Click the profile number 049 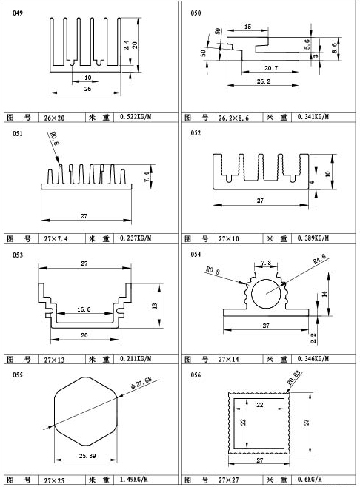coord(18,13)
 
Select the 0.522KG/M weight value coord(136,117)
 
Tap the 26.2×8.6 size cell coord(233,118)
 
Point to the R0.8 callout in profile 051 coord(54,138)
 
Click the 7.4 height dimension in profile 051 coord(147,176)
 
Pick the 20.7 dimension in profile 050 coord(271,67)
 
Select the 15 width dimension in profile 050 coord(247,27)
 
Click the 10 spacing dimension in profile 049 coord(88,78)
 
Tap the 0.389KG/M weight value coord(313,238)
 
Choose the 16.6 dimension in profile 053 coord(84,309)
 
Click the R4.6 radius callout coord(319,259)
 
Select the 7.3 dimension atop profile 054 coord(266,263)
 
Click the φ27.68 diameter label coord(141,383)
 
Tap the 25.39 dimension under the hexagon coord(87,456)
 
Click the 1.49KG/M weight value coord(133,480)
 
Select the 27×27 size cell coord(228,480)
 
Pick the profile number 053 coord(18,255)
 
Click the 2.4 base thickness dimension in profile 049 coord(126,45)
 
